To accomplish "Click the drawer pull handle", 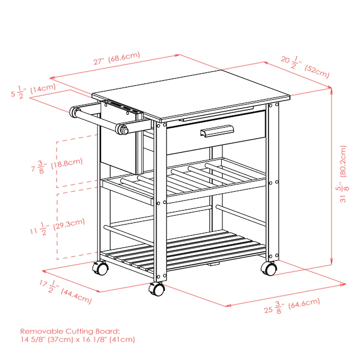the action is (217, 132).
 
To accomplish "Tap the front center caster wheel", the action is (157, 289).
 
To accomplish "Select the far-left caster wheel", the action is (100, 268).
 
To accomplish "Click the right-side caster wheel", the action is (269, 269).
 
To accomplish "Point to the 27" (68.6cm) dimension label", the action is (116, 59).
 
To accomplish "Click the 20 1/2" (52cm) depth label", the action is (305, 67).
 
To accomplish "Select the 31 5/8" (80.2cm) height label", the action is (343, 174).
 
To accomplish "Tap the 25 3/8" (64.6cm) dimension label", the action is (292, 306).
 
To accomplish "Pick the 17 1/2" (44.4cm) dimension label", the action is (65, 291).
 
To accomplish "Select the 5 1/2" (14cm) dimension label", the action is (33, 91).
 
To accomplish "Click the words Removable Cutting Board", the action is (70, 331).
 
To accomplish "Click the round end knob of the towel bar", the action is (125, 131).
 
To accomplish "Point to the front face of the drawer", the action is (216, 133).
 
